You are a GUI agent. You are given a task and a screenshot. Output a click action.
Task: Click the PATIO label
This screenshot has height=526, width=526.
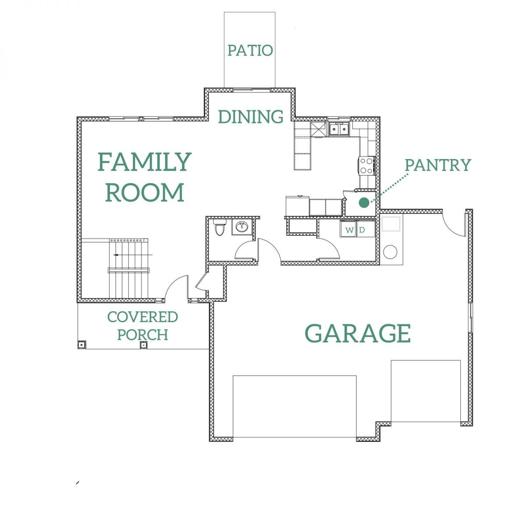[x=250, y=50]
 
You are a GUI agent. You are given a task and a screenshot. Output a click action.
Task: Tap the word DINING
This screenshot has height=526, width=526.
[x=251, y=117]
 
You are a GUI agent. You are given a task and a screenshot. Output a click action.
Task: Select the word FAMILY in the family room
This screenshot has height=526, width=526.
[x=145, y=162]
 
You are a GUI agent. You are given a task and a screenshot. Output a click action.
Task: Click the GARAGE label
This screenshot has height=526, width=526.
[x=358, y=333]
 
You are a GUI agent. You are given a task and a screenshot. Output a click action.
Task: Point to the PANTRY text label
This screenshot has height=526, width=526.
[x=438, y=165]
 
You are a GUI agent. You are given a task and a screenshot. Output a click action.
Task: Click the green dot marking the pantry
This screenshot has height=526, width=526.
[x=364, y=203]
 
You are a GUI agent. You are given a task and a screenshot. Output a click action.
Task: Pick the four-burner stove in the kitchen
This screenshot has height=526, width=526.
[x=366, y=166]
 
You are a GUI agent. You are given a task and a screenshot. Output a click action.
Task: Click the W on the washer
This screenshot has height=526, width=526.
[x=349, y=230]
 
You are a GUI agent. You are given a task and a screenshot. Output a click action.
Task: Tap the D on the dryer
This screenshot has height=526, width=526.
[x=362, y=230]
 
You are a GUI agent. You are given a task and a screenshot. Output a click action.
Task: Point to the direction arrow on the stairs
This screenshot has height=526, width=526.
[x=133, y=255]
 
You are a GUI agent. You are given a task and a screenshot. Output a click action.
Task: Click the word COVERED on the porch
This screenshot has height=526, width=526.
[x=142, y=317]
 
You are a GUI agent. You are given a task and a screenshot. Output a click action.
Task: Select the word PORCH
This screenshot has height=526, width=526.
[x=142, y=334]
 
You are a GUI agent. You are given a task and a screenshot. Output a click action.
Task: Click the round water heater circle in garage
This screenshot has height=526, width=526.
[x=390, y=252]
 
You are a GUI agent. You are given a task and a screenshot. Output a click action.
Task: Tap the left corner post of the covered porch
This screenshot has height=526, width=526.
[x=82, y=345]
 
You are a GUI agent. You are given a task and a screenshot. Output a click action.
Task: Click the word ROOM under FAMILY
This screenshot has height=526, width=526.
[x=145, y=192]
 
